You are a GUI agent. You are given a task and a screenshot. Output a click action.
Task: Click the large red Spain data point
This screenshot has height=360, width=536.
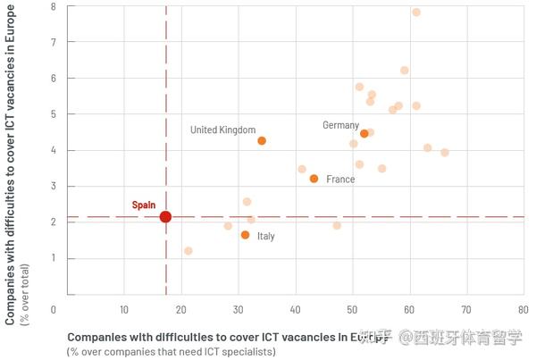pyautogui.click(x=165, y=217)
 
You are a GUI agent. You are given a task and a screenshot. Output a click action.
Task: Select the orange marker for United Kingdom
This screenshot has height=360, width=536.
pyautogui.click(x=262, y=141)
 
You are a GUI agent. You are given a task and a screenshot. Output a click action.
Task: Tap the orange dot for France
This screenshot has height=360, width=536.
pyautogui.click(x=314, y=179)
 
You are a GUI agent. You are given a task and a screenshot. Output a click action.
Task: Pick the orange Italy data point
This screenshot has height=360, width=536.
pyautogui.click(x=245, y=235)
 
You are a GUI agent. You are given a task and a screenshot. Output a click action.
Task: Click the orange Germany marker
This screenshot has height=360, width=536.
pyautogui.click(x=364, y=134)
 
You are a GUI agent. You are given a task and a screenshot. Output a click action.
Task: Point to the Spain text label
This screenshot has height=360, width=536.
pyautogui.click(x=144, y=205)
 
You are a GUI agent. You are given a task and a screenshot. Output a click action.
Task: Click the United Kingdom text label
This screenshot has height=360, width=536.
pyautogui.click(x=222, y=130)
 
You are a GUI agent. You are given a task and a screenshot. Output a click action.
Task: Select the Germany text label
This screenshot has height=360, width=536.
pyautogui.click(x=340, y=126)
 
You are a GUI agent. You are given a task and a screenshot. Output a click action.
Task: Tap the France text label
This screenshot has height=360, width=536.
pyautogui.click(x=340, y=180)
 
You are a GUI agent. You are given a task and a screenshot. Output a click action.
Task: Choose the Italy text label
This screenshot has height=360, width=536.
pyautogui.click(x=266, y=237)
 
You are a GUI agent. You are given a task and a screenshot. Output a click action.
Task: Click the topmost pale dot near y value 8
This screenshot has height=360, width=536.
pyautogui.click(x=416, y=13)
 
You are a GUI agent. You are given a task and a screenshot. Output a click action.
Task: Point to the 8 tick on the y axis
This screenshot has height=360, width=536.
pyautogui.click(x=54, y=6)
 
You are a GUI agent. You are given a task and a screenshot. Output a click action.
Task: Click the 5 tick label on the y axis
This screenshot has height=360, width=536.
pyautogui.click(x=54, y=114)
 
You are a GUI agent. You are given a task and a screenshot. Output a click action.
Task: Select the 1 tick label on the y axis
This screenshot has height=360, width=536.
pyautogui.click(x=54, y=258)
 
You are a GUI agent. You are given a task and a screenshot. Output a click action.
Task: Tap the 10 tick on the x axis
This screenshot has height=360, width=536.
pyautogui.click(x=124, y=310)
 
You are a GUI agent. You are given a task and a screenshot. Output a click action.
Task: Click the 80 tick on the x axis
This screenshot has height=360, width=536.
pyautogui.click(x=523, y=310)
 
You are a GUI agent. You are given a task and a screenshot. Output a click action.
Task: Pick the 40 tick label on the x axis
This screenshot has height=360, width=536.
pyautogui.click(x=295, y=310)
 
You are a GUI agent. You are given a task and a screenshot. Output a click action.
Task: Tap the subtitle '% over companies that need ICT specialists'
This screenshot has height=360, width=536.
pyautogui.click(x=171, y=352)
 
